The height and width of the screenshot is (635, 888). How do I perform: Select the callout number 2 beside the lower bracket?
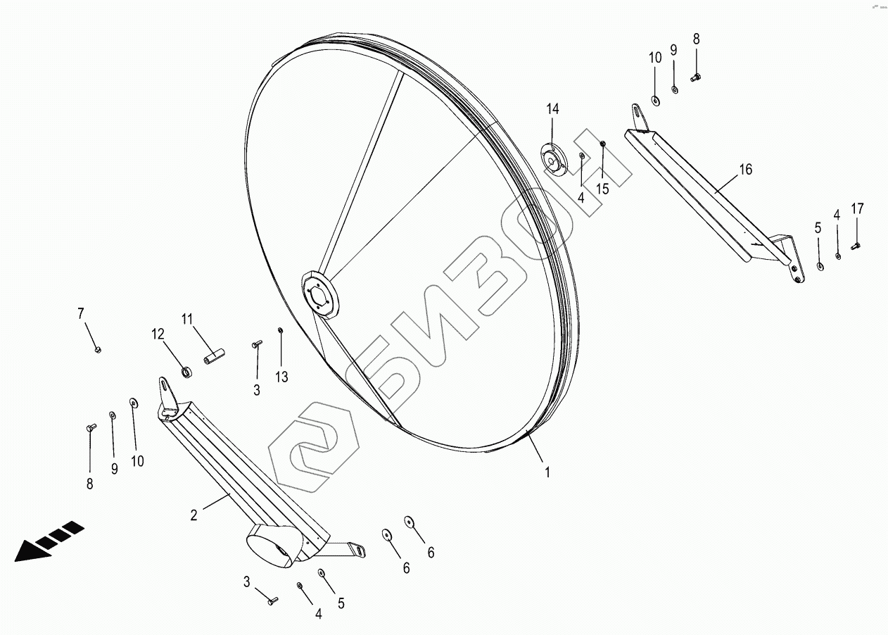[x=194, y=515]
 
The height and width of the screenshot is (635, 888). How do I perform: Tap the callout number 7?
[x=80, y=313]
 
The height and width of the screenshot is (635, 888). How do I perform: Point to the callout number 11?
[x=187, y=319]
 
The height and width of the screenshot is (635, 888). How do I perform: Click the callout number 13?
[x=281, y=377]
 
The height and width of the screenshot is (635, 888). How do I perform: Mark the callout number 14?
[x=552, y=109]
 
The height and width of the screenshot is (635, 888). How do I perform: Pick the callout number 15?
[x=602, y=189]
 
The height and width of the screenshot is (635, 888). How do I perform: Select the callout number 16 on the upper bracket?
[x=746, y=169]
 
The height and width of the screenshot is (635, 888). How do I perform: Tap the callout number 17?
[x=857, y=208]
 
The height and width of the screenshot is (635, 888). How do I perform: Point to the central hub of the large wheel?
[x=319, y=294]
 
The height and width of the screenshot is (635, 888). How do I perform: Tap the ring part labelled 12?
[x=186, y=370]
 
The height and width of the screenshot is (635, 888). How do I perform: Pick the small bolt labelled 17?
[x=856, y=246]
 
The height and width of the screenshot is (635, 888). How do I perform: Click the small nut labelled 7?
[x=98, y=349]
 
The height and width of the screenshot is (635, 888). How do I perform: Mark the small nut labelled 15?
[x=603, y=144]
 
